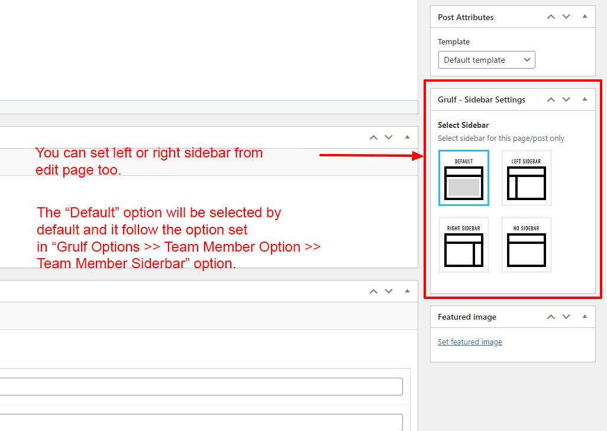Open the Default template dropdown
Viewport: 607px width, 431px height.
(487, 60)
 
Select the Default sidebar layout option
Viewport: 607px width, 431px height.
(464, 178)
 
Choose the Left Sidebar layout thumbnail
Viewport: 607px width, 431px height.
(527, 178)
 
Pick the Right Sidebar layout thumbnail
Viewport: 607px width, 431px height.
(464, 245)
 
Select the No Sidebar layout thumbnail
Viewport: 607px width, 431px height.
(527, 245)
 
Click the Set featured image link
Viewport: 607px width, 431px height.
(470, 342)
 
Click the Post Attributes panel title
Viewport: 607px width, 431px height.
(466, 17)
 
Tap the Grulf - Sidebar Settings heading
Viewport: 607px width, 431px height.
(482, 100)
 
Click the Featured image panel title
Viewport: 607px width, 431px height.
(467, 317)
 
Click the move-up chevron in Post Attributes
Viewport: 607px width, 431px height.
(551, 17)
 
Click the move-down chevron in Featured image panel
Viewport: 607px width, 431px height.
(566, 317)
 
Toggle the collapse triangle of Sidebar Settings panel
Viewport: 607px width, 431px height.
(585, 99)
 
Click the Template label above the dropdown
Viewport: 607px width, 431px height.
(454, 42)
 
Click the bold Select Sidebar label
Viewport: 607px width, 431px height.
(463, 125)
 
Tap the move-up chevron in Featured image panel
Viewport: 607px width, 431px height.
(551, 317)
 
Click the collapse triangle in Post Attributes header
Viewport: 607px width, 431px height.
(585, 16)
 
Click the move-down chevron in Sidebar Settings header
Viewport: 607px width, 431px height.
(566, 99)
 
